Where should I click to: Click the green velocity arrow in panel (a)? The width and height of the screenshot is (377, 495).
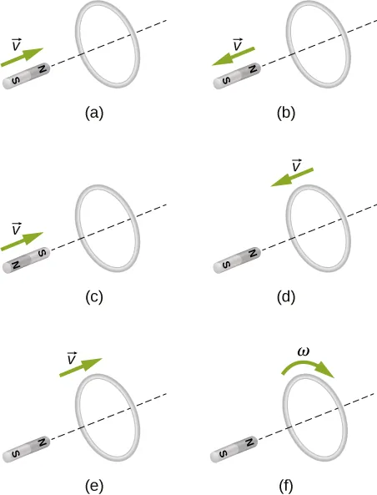coord(22,57)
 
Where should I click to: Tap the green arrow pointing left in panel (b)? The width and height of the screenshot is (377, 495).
coord(234,56)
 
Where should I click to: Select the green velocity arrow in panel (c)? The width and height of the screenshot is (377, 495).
coord(22,241)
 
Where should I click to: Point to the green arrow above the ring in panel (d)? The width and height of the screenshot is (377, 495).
coord(292,177)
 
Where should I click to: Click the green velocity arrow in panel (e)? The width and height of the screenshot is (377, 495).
coord(81,367)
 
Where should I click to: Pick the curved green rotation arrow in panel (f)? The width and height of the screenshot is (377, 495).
coord(308,366)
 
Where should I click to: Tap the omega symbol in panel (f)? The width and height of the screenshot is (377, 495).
coord(304,351)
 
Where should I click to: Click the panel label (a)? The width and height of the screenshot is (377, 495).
coord(94,113)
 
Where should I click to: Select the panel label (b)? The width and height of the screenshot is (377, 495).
coord(286,113)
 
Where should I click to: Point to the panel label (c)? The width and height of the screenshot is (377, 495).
coord(94,297)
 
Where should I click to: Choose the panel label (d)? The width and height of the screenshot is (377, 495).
coord(286,297)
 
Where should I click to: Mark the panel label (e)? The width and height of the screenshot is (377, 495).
coord(94,486)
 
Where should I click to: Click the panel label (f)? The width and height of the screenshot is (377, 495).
coord(286,486)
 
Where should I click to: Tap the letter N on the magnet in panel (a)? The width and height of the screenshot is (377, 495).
coord(42,69)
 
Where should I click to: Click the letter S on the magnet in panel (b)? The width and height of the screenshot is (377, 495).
coord(226,80)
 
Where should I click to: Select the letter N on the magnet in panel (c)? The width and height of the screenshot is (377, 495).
coord(15,265)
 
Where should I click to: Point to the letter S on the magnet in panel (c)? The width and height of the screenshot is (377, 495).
coord(42,254)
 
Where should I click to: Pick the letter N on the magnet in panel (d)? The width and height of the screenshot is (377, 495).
coord(253,254)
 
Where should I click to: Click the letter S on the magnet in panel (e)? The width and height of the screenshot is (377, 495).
coord(15,453)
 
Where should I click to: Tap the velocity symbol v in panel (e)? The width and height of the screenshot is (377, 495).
coord(72,358)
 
